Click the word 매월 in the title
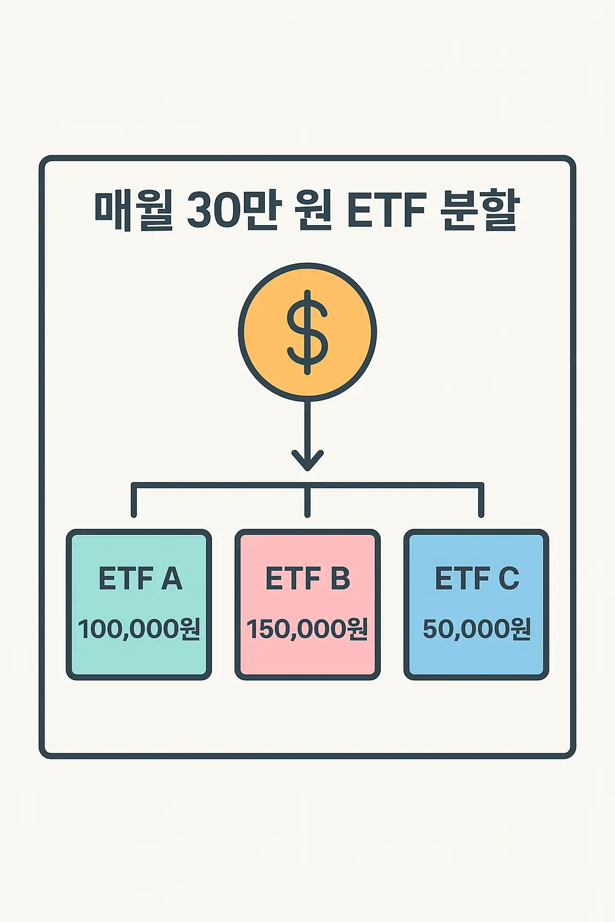(133, 211)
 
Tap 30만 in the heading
(231, 211)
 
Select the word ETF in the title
(386, 211)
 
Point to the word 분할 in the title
(480, 211)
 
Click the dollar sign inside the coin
(307, 332)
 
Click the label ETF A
(140, 579)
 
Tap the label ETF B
(307, 579)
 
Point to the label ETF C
(477, 579)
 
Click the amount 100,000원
(139, 629)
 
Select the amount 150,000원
(307, 629)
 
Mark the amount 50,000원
(477, 629)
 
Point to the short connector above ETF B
(307, 503)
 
